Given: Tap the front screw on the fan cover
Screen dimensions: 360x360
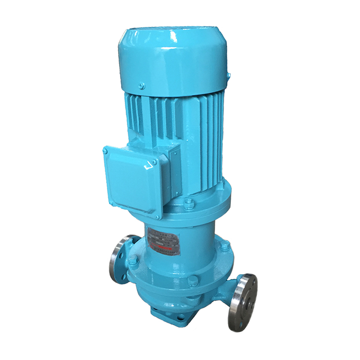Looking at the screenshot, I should pyautogui.click(x=142, y=86).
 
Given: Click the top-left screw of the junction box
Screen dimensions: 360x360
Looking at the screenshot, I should pyautogui.click(x=105, y=151).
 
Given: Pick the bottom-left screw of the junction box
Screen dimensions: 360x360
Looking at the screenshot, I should pyautogui.click(x=111, y=204).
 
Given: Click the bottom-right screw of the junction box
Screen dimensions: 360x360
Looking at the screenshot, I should pyautogui.click(x=157, y=216).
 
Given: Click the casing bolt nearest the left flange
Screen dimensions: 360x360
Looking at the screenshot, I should pyautogui.click(x=133, y=260).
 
